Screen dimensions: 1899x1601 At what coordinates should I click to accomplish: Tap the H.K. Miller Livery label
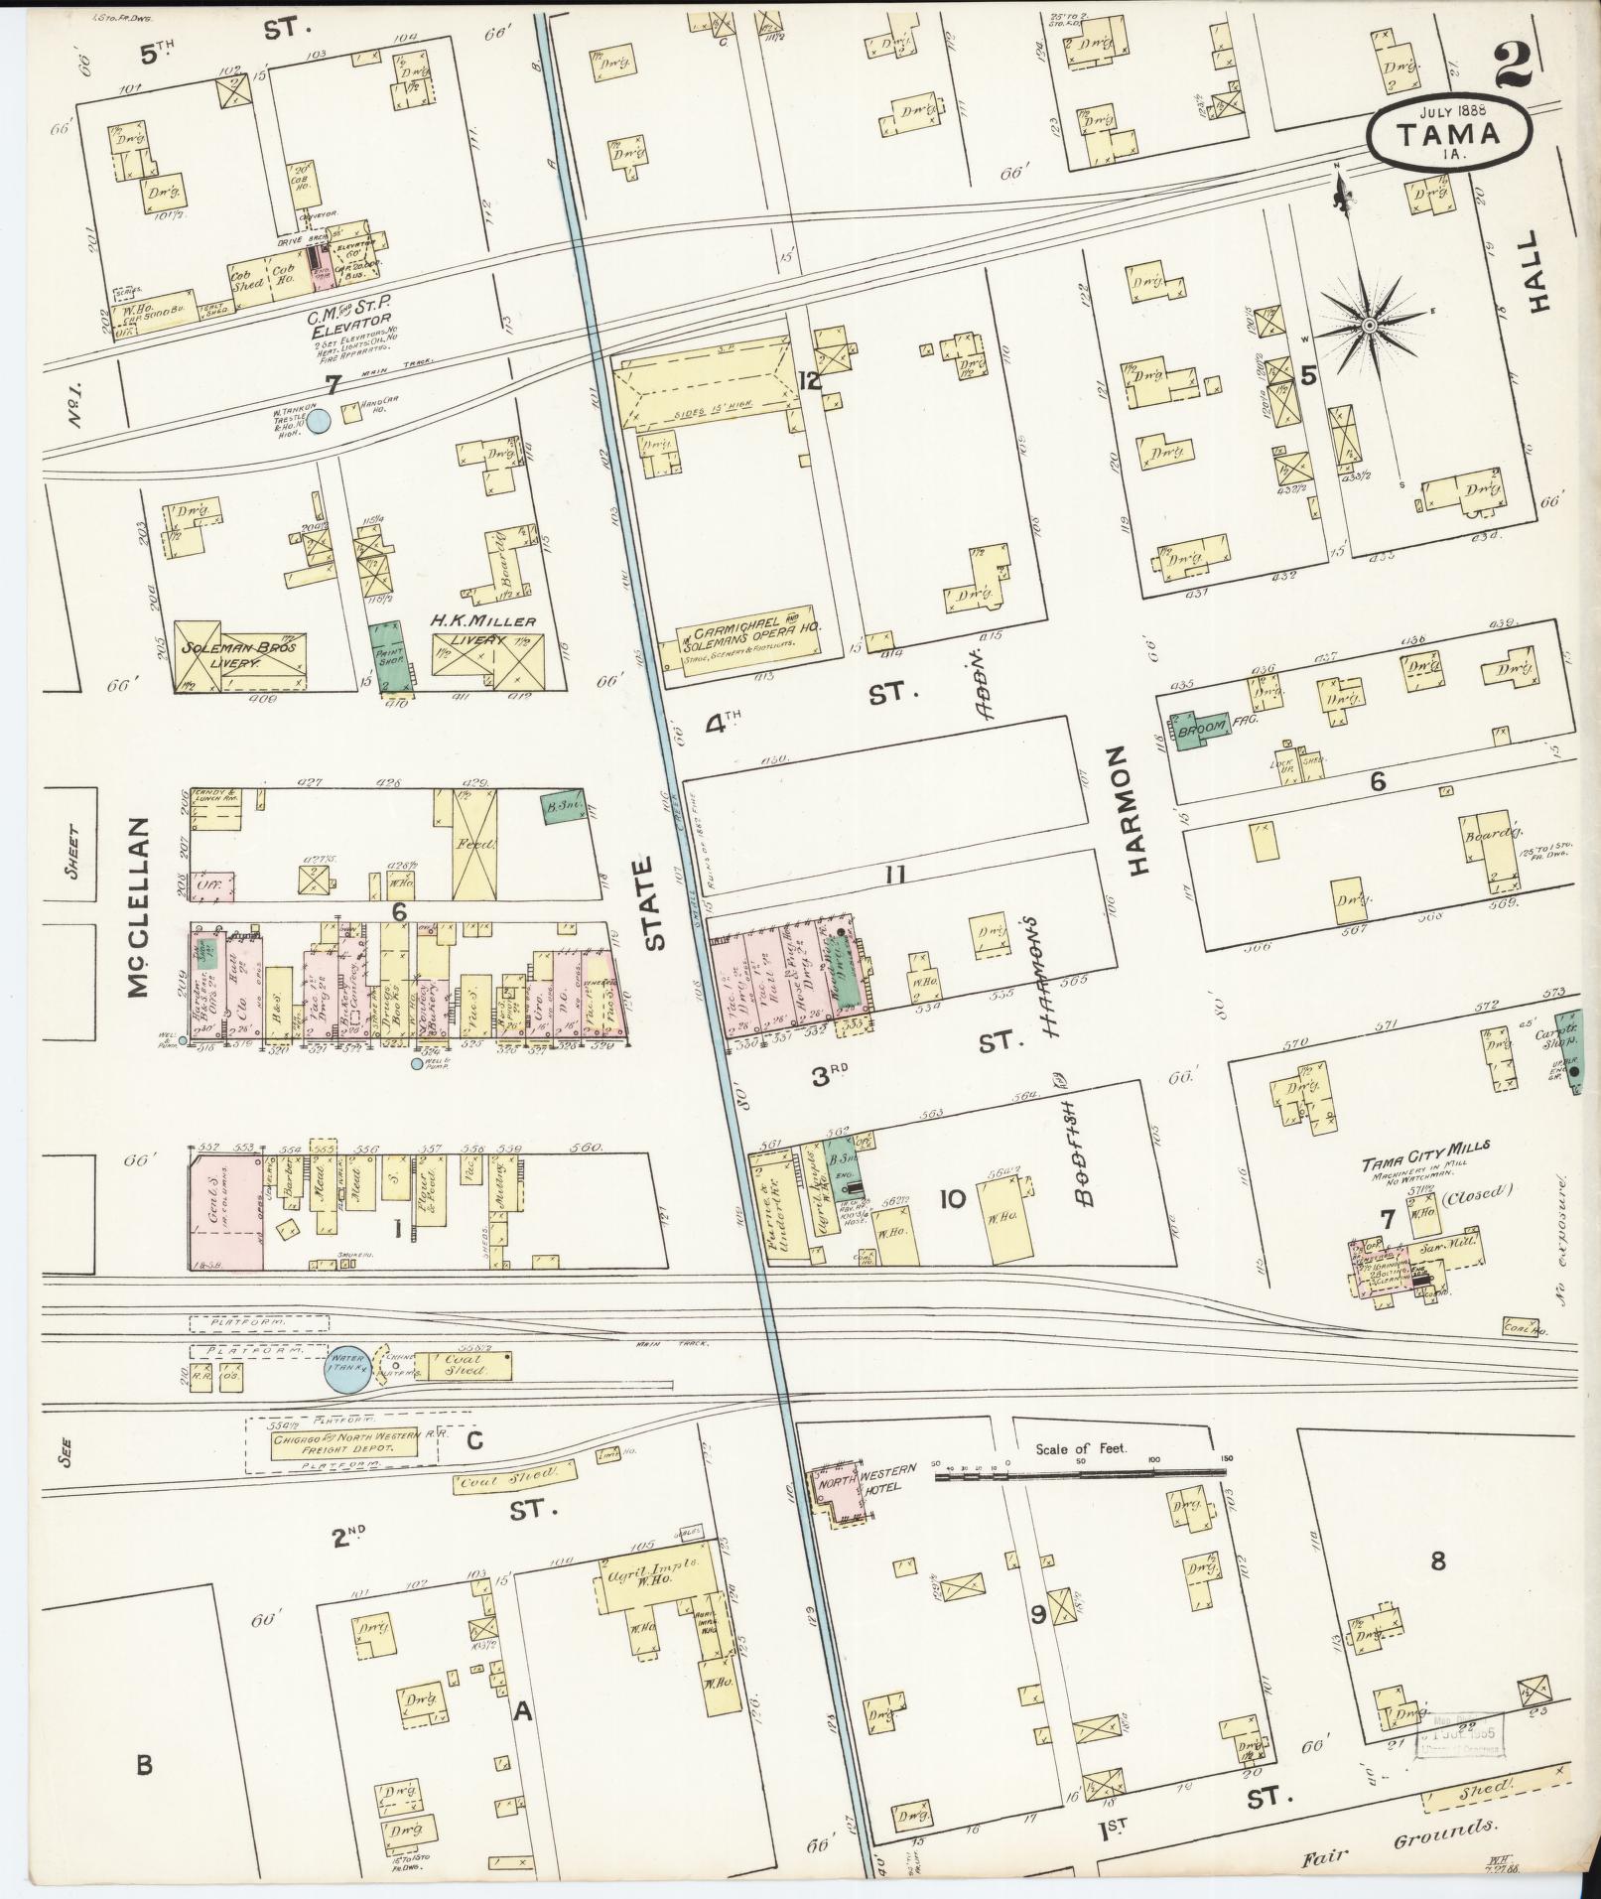click(483, 621)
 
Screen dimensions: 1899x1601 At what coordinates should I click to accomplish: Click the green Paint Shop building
click(393, 655)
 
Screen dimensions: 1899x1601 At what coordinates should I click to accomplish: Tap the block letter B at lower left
click(145, 1765)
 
